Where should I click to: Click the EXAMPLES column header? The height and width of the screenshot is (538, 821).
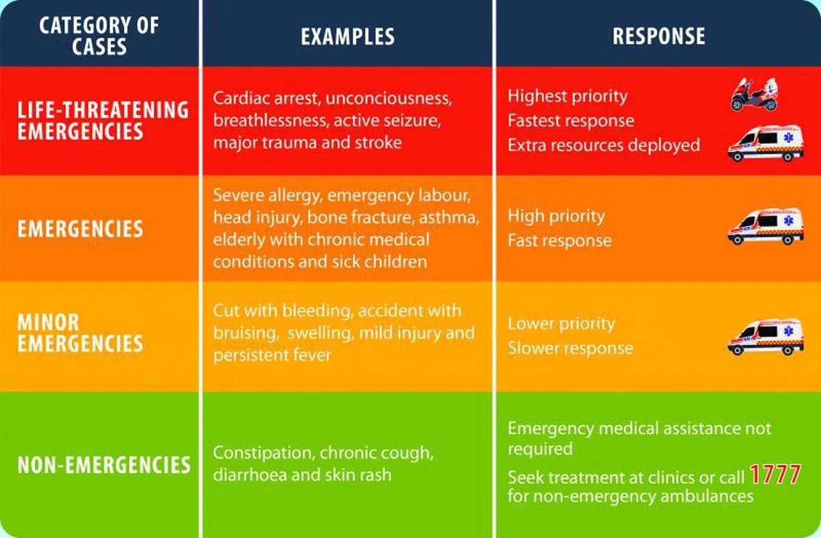pos(348,36)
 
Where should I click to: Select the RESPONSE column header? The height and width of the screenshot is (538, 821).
pos(658,36)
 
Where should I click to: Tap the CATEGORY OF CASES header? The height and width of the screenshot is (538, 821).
pos(99,36)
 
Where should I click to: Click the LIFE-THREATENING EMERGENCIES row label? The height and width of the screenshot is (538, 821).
pos(103,120)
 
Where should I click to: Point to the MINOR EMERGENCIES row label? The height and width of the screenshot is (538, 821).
pos(80,332)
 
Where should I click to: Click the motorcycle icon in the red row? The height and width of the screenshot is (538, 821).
pos(754,94)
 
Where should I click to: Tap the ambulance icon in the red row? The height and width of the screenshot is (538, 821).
pos(765,143)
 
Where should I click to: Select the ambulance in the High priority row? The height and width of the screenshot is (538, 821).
pos(765,226)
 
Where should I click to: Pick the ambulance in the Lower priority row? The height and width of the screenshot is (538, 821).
pos(765,335)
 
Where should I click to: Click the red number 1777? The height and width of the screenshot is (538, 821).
pos(775,474)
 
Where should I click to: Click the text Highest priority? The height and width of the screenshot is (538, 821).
pos(567,96)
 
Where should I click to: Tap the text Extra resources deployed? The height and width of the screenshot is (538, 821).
pos(603,145)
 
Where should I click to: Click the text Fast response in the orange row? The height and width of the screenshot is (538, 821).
pos(559,241)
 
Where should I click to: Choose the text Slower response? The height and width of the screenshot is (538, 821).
pos(570,348)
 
